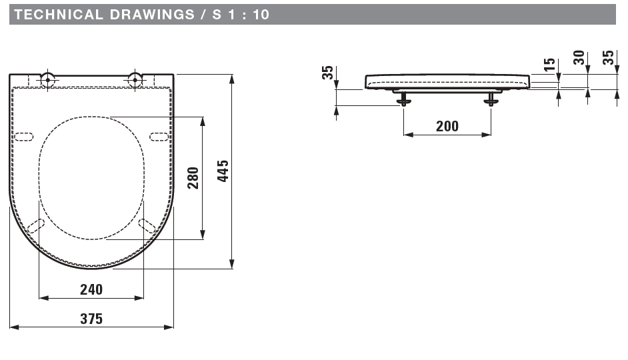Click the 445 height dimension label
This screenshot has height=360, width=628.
pyautogui.click(x=223, y=171)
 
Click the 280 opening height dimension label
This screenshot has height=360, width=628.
pyautogui.click(x=193, y=178)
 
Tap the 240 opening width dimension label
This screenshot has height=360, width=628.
pyautogui.click(x=91, y=289)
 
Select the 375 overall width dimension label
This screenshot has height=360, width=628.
pyautogui.click(x=91, y=319)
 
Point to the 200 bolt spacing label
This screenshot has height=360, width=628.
pyautogui.click(x=447, y=126)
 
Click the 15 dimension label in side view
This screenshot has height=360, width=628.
pyautogui.click(x=550, y=64)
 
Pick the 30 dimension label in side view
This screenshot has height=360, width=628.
pyautogui.click(x=579, y=57)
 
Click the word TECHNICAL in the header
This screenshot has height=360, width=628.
pyautogui.click(x=59, y=15)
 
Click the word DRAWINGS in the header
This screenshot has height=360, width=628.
pyautogui.click(x=152, y=15)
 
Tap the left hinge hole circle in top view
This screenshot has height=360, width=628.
pyautogui.click(x=47, y=80)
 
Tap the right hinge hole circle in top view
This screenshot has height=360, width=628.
pyautogui.click(x=135, y=80)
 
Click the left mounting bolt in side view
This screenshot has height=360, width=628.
pyautogui.click(x=403, y=98)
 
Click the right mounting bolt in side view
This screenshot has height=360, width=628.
pyautogui.click(x=491, y=98)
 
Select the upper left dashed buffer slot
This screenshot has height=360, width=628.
pyautogui.click(x=23, y=137)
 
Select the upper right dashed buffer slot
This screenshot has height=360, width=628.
pyautogui.click(x=159, y=137)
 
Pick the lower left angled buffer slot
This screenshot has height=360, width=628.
pyautogui.click(x=35, y=226)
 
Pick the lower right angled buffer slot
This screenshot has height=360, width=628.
pyautogui.click(x=147, y=226)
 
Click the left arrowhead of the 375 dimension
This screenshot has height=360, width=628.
pyautogui.click(x=14, y=327)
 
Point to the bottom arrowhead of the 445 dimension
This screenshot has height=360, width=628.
pyautogui.click(x=231, y=264)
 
